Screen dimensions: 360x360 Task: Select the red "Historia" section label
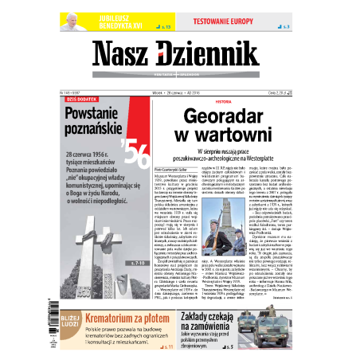coord(200,102)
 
